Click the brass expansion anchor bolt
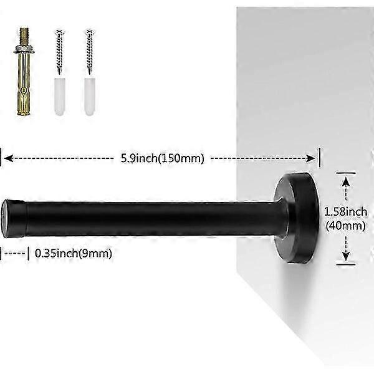pos(24,72)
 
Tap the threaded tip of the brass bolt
pos(24,36)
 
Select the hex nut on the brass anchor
pos(24,50)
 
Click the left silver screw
pos(59,51)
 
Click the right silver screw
pos(90,51)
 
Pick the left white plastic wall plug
pos(60,96)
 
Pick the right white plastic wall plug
pos(90,96)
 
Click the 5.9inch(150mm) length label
pos(163,158)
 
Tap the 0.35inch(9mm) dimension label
pos(74,253)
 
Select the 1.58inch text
pos(345,212)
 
